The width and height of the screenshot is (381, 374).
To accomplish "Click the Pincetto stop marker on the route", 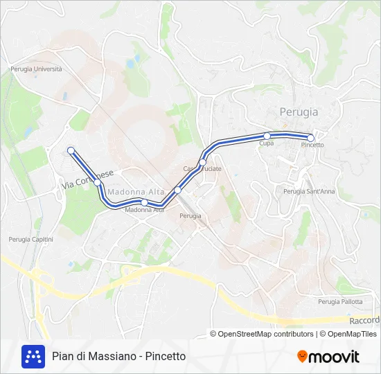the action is click(311, 138).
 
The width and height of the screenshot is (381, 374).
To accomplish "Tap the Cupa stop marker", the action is click(267, 136).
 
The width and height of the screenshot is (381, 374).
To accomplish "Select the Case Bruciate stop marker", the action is click(203, 163).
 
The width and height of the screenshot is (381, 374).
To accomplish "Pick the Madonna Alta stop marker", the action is click(144, 202).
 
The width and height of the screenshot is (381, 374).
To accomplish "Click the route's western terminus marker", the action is click(71, 150).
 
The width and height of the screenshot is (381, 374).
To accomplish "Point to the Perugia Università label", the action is click(36, 69).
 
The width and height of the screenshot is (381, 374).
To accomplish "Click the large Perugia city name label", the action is click(299, 112).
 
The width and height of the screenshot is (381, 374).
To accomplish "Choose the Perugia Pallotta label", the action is click(339, 301).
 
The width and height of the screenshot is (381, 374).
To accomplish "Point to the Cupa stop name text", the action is click(266, 143).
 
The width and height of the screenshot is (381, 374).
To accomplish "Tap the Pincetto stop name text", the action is click(312, 145).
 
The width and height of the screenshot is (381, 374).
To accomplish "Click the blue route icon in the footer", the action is click(33, 356).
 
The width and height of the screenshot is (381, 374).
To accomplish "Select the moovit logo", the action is click(328, 357).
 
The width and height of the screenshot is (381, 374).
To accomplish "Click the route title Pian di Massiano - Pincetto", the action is click(119, 357).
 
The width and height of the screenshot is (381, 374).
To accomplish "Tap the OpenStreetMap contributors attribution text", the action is click(262, 334).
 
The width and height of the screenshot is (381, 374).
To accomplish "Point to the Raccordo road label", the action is click(364, 321).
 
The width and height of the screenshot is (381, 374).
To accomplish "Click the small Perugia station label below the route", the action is click(190, 216).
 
